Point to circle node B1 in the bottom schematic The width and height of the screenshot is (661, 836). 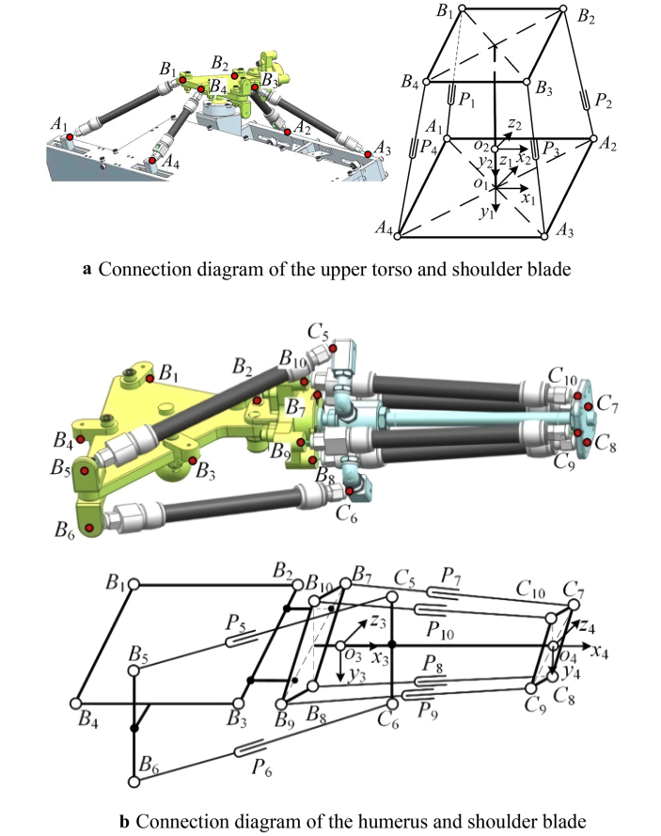point(134,585)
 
